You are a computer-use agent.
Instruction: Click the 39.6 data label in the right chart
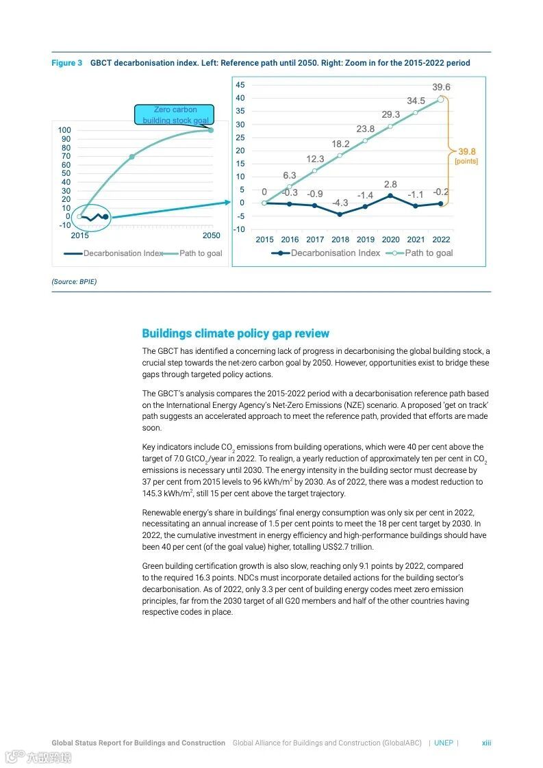(441, 88)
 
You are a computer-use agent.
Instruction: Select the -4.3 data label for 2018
(340, 203)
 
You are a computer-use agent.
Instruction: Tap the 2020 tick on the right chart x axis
(390, 240)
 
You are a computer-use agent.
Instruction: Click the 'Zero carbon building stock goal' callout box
(175, 114)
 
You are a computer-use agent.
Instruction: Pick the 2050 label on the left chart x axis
(212, 235)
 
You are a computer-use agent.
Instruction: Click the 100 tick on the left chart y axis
(64, 130)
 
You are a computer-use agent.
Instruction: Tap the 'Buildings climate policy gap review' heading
(236, 333)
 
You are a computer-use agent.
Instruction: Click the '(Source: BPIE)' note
(74, 281)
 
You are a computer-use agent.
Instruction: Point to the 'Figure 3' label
(66, 63)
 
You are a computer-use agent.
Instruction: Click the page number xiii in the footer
(486, 743)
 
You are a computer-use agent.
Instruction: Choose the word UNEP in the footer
(444, 743)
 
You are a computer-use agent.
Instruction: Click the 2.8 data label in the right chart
(390, 185)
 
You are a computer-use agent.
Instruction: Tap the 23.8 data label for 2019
(366, 129)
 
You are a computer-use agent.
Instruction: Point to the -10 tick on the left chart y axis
(64, 225)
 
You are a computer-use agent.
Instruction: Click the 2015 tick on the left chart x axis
(79, 235)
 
